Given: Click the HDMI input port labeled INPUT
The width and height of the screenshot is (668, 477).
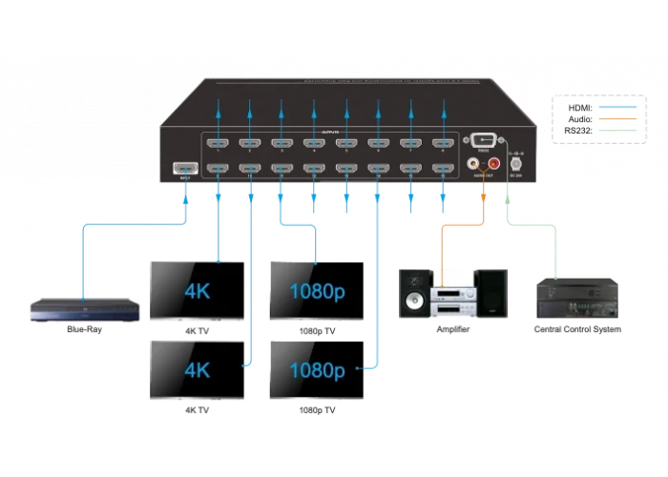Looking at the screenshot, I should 179,169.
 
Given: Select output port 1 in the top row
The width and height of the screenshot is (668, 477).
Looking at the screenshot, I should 218,145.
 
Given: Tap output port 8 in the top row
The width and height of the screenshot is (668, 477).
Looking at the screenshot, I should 441,145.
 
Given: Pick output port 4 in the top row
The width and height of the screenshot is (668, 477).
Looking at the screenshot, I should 313,145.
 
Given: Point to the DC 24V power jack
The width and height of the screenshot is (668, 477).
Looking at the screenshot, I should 516,165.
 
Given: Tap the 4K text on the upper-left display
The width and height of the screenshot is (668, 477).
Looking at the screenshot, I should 196,288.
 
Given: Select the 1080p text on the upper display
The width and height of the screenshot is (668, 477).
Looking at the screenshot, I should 317,288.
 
